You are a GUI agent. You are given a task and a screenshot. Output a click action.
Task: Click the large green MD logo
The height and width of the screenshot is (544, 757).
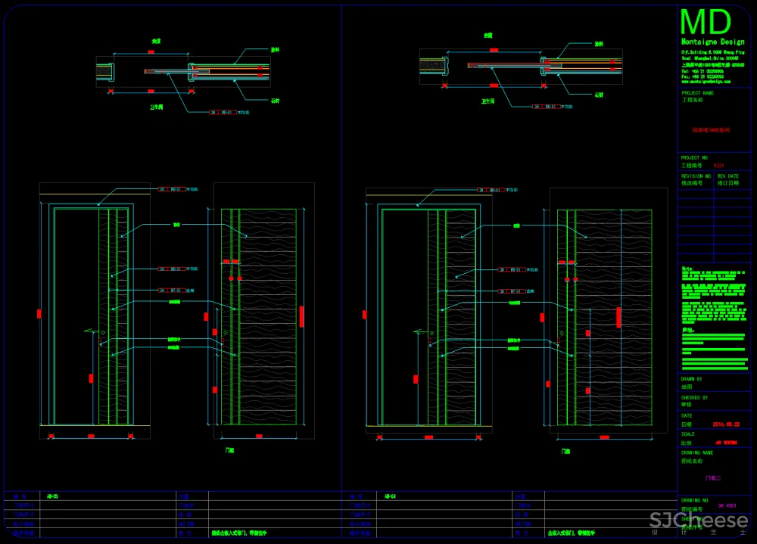pos(706,22)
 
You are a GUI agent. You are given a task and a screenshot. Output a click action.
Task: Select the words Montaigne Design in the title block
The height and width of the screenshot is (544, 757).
pos(712,42)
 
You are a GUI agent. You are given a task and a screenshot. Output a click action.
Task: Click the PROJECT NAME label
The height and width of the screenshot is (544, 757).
pos(698,93)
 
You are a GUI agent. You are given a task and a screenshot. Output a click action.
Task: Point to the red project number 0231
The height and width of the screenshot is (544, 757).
pos(719,164)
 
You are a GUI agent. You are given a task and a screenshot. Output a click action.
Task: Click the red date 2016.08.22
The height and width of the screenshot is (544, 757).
pos(726,424)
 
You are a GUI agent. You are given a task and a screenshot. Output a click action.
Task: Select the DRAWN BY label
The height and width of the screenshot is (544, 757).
pos(692,379)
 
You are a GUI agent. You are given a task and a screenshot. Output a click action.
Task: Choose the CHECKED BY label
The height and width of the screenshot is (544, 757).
pos(695,397)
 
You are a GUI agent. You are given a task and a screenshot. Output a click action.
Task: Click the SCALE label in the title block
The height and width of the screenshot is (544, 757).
pos(688,434)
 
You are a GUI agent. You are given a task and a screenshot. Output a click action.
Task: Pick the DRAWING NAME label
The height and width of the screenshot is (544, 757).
pos(697,452)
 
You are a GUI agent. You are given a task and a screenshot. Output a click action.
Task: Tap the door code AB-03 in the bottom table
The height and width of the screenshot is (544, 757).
pos(52,496)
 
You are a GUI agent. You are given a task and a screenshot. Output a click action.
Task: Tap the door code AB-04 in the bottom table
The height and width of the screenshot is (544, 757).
pos(390,496)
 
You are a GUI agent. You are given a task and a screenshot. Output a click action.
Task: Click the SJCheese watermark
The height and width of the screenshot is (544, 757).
pos(699,521)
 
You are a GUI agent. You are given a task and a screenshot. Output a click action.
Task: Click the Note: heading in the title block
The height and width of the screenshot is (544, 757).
pos(687,268)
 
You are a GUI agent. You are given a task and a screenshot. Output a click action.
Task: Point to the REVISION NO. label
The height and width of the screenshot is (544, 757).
pos(696,176)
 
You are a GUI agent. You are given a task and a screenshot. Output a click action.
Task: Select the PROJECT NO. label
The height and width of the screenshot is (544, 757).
pos(695,158)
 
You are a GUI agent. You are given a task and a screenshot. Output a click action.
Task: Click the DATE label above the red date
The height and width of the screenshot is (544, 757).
pos(687,415)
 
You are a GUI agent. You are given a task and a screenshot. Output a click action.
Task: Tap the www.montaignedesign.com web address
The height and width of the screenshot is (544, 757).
pos(706,81)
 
